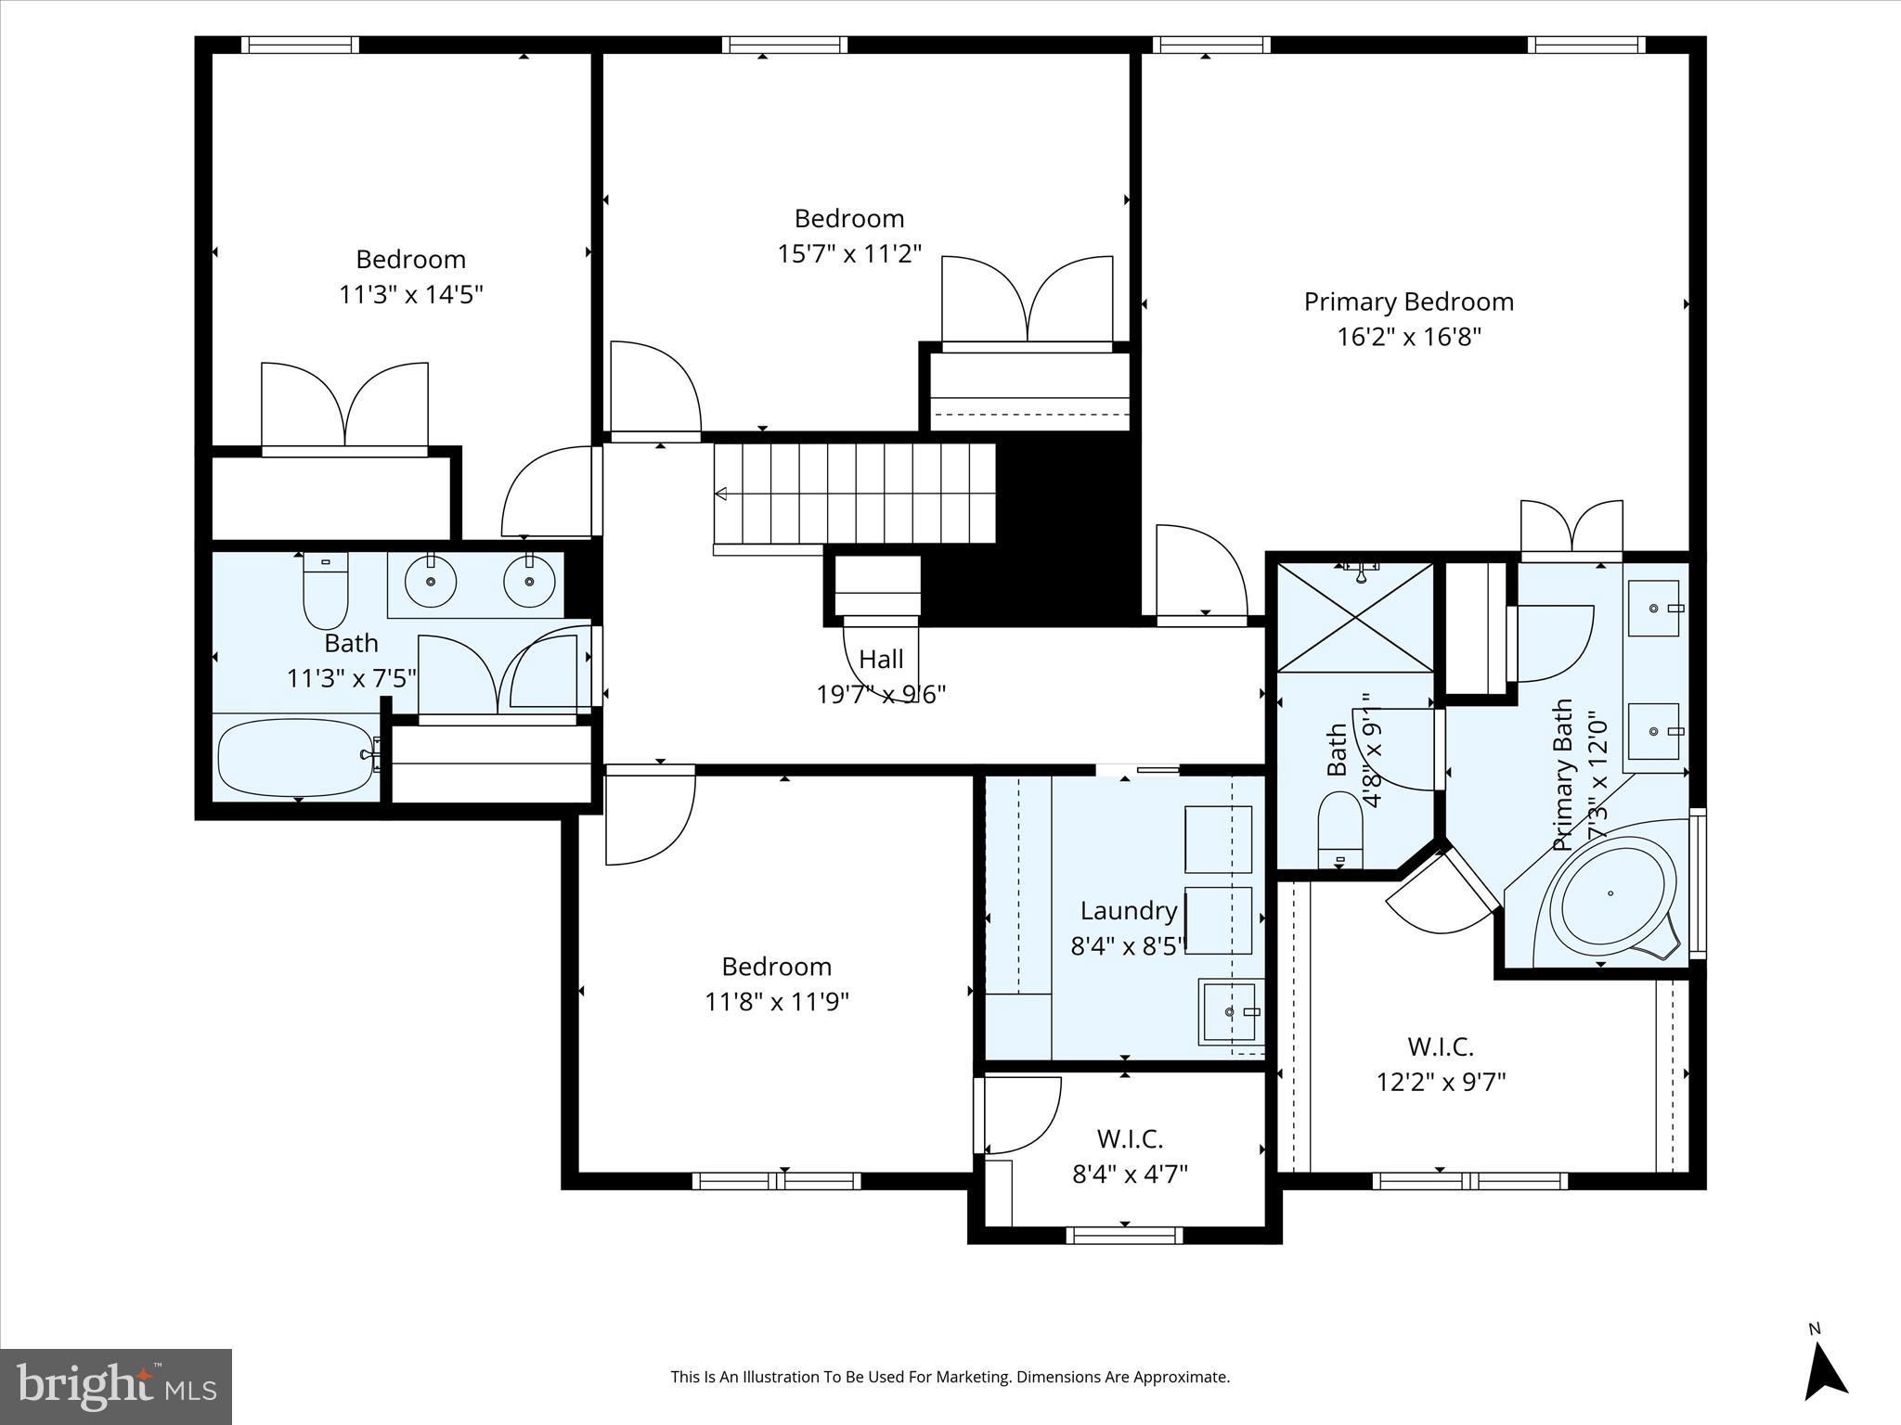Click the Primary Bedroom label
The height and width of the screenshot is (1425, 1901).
[x=1408, y=302]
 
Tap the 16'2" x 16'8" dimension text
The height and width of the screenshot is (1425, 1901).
[x=1408, y=337]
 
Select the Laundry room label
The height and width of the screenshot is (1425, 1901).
[x=1128, y=911]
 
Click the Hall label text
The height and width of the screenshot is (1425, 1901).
[x=880, y=660]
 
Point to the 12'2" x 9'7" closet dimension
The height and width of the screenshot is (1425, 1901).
[x=1440, y=1082]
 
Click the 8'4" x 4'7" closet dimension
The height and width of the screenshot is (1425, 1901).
[x=1130, y=1175]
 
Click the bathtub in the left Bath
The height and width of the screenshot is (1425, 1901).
[x=295, y=757]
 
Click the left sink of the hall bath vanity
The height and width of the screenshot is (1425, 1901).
[x=431, y=582]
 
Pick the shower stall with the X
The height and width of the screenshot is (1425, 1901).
[x=1355, y=616]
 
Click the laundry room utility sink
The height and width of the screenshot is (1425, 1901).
[x=1230, y=1011]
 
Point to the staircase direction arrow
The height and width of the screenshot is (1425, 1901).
[x=722, y=494]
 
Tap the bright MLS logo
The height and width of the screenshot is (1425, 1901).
[x=115, y=1386]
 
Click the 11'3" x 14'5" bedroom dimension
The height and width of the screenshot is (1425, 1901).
[x=410, y=295]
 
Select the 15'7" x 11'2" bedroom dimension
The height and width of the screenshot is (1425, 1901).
[x=848, y=254]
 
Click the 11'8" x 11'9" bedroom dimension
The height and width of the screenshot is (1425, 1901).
[x=776, y=1002]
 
